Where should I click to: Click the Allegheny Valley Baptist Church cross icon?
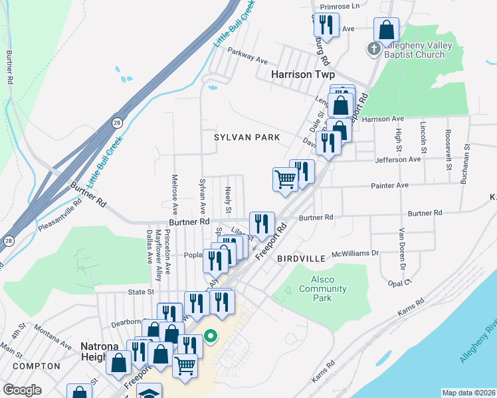(374, 49)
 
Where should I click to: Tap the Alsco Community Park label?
(322, 289)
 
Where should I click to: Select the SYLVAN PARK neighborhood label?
(247, 137)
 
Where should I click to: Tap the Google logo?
(22, 390)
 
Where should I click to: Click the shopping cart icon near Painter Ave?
(285, 178)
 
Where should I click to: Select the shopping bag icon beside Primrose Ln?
(386, 30)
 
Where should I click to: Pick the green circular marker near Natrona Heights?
(211, 336)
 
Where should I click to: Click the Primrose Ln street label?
(340, 6)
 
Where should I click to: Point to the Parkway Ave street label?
(247, 54)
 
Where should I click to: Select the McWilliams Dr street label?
(355, 253)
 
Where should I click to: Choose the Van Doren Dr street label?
(402, 249)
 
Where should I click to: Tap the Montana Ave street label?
(52, 342)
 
